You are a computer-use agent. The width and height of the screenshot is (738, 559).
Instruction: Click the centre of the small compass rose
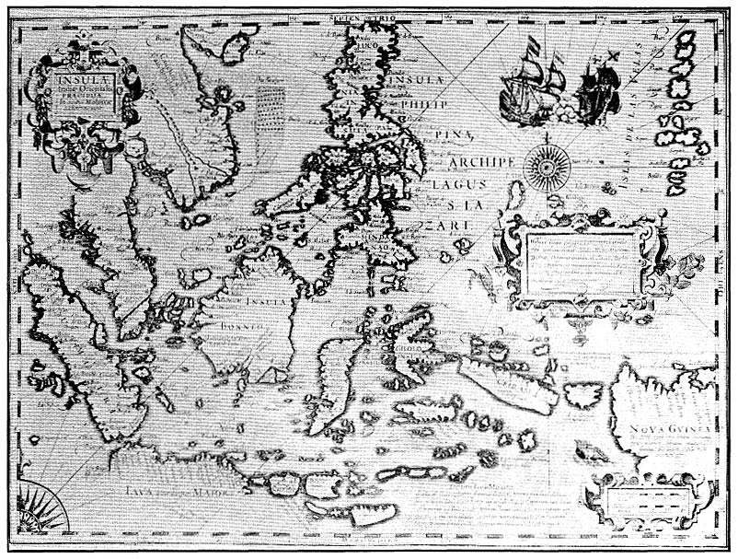coord(543,165)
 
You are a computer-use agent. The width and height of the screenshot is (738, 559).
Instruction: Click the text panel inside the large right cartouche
coord(579,262)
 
